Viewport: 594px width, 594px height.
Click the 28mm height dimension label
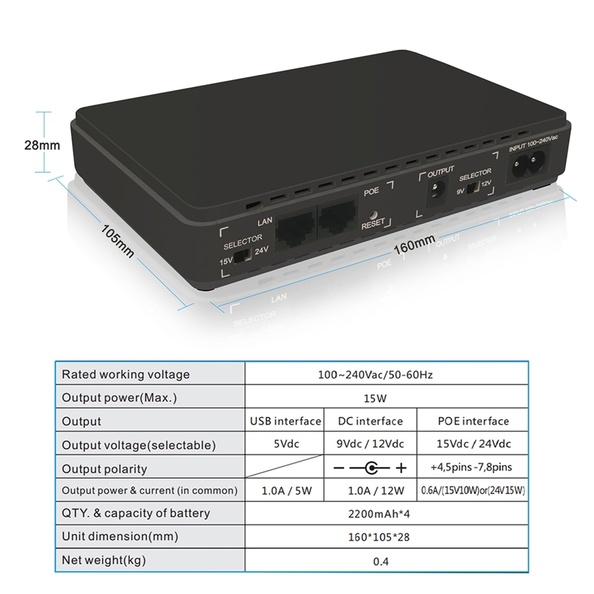[x=42, y=145]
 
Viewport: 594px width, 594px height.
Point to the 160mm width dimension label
[x=414, y=244]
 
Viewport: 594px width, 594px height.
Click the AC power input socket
[x=528, y=166]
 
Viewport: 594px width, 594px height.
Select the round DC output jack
[x=435, y=192]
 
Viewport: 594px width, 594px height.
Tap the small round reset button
[x=374, y=215]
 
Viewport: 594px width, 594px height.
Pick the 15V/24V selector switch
[x=243, y=255]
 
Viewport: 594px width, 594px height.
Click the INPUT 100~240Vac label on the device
[x=533, y=143]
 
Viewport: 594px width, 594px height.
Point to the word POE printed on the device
[x=371, y=192]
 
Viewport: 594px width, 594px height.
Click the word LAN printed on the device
[x=265, y=222]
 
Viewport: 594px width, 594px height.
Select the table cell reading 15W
[x=375, y=398]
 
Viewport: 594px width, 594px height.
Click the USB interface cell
[x=285, y=421]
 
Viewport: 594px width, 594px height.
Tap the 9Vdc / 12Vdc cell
[x=370, y=444]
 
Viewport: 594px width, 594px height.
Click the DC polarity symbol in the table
[x=370, y=468]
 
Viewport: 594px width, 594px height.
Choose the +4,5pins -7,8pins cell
[x=471, y=467]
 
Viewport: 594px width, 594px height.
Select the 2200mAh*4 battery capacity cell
[x=379, y=514]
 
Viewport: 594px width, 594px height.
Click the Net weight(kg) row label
[x=104, y=560]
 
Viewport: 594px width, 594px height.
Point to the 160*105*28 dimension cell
[x=379, y=537]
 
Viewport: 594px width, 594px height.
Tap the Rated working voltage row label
[x=125, y=375]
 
